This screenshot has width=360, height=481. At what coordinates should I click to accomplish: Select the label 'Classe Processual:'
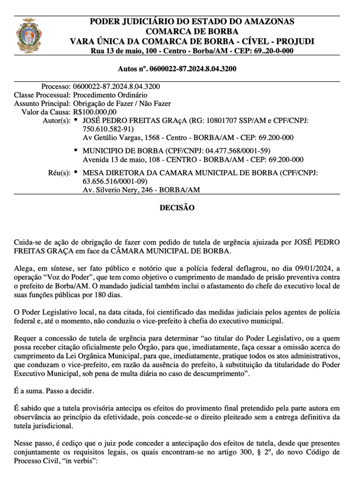point(42,95)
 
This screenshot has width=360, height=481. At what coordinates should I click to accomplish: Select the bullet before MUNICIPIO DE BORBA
point(76,151)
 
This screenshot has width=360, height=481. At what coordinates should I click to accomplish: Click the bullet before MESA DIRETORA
point(76,173)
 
